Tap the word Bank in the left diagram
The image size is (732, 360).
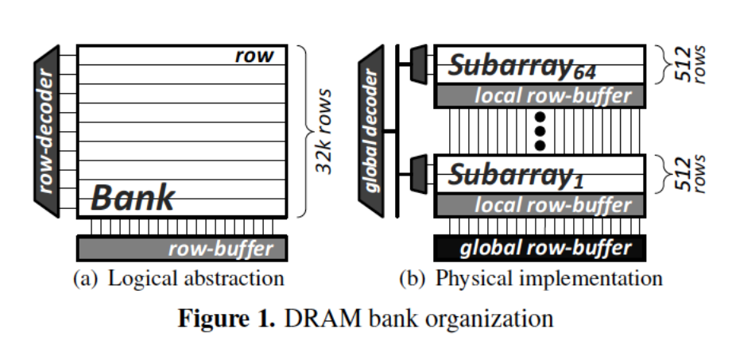click(x=133, y=197)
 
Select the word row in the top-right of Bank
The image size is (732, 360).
click(x=254, y=56)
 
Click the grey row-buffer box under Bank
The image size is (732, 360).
click(x=180, y=249)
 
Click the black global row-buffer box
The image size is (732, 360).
click(x=541, y=248)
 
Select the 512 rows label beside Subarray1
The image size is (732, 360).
click(x=686, y=174)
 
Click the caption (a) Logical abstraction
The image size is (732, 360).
click(x=178, y=279)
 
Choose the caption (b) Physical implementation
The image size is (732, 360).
click(x=531, y=279)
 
